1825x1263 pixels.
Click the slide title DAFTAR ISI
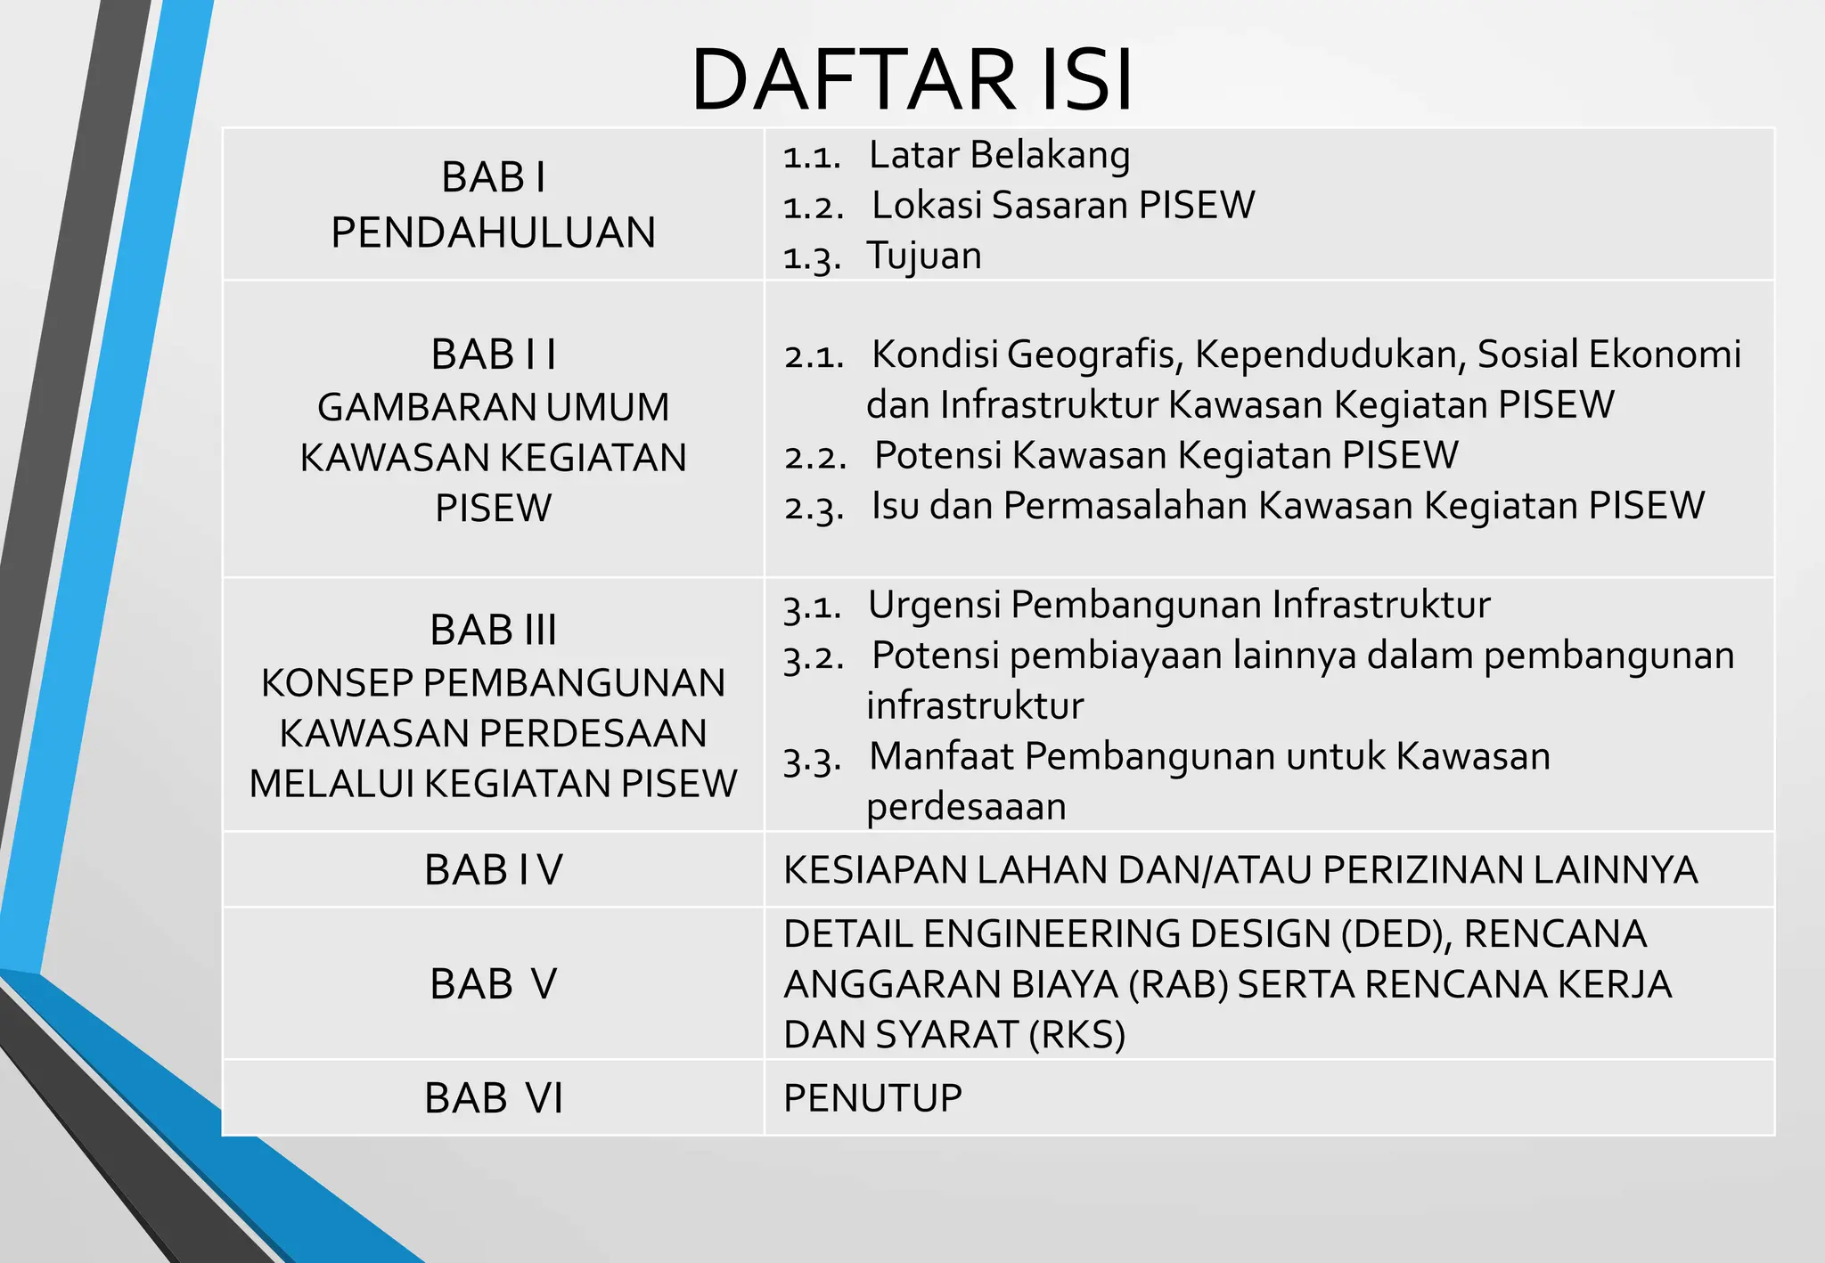[912, 79]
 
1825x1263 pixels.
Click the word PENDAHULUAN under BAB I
[493, 232]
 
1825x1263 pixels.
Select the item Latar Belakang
[999, 155]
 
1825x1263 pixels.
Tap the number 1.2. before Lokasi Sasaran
[813, 208]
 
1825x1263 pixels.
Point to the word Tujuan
[924, 257]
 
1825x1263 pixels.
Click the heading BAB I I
[493, 354]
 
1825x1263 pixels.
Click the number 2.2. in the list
[814, 457]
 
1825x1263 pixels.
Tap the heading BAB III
[493, 630]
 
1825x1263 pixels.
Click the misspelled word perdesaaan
[966, 807]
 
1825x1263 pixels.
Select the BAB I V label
[493, 870]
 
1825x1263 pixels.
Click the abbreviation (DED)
[1395, 934]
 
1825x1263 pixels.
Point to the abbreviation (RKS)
[1076, 1035]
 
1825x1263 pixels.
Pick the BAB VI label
[493, 1098]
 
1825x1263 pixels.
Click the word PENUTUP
[872, 1098]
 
